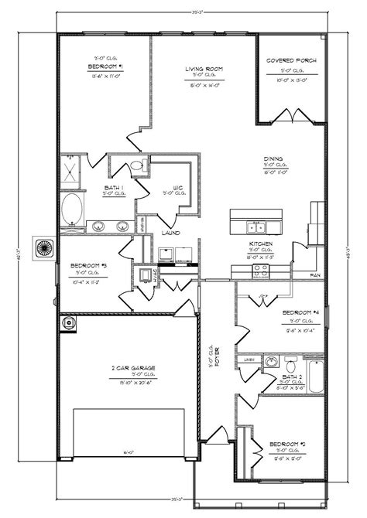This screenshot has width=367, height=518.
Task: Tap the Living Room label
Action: pos(204,70)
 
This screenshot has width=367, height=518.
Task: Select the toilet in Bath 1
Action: pos(136,165)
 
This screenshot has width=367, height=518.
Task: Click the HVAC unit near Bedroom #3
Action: pos(145,274)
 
